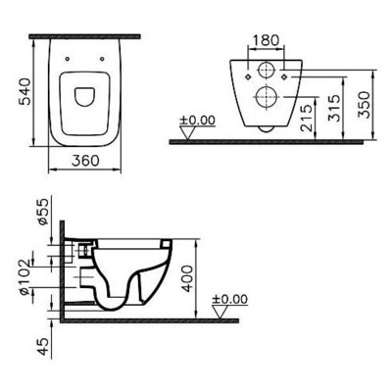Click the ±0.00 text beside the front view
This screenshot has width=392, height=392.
[196, 123]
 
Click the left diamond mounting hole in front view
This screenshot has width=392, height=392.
[242, 73]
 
